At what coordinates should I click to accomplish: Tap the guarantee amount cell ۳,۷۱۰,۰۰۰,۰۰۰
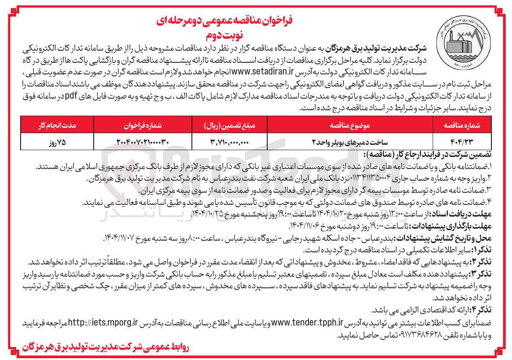pos(229,142)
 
